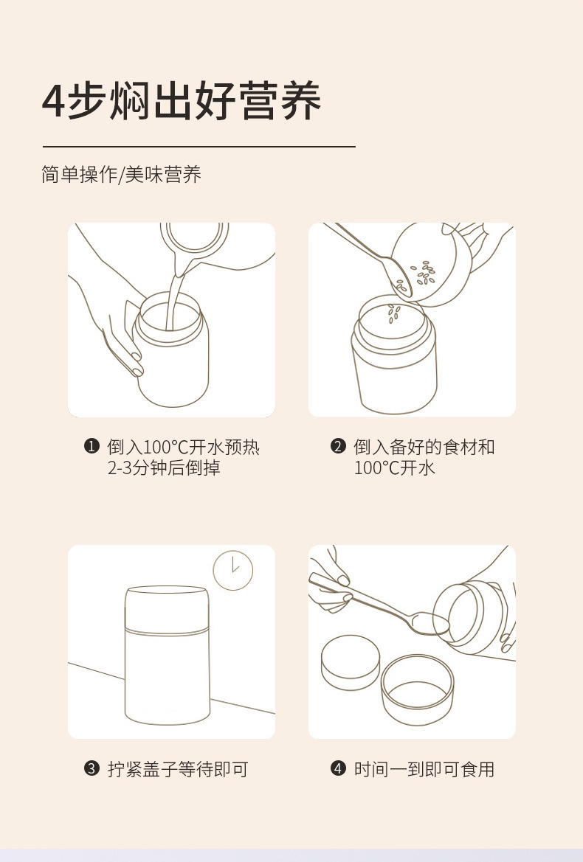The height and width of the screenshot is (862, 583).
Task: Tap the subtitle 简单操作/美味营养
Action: (x=122, y=174)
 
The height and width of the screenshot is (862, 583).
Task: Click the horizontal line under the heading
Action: (x=199, y=147)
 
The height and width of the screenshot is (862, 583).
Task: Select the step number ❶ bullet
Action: (x=92, y=446)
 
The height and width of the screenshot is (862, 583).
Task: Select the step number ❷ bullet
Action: (x=338, y=446)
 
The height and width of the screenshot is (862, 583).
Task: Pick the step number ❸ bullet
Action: (x=92, y=768)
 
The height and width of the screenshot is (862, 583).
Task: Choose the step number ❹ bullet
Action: (x=338, y=768)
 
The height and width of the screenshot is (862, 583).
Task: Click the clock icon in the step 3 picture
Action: (x=233, y=570)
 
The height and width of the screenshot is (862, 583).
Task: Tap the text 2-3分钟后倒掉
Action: (x=164, y=468)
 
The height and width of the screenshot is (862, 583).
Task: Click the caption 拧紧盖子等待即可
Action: (x=178, y=768)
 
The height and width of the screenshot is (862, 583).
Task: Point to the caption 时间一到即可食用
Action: (x=424, y=768)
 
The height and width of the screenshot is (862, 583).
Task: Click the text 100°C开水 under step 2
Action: (x=394, y=468)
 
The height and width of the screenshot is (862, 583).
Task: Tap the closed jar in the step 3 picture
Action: (x=168, y=655)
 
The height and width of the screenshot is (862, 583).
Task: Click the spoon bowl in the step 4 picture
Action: (x=430, y=623)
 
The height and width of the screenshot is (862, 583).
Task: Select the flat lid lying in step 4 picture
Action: (x=351, y=662)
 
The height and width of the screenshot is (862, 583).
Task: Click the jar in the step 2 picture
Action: (x=394, y=355)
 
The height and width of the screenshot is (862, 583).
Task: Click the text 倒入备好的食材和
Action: (x=424, y=446)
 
